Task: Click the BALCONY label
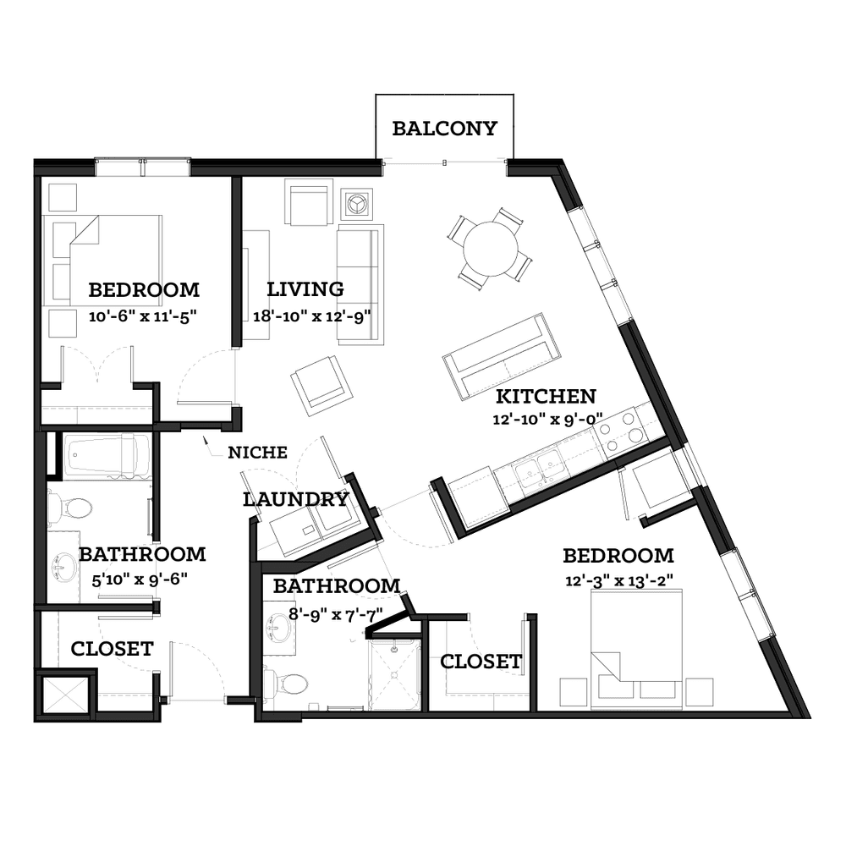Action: point(444,129)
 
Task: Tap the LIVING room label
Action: point(305,289)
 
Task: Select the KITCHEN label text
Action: point(546,396)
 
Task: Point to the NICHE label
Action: point(257,452)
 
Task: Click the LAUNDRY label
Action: point(295,499)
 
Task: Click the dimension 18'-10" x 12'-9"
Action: point(312,316)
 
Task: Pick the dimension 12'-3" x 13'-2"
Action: point(619,580)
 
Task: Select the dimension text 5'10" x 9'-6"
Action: point(140,580)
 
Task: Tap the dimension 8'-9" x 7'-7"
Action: point(336,614)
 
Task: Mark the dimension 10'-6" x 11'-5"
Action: point(142,316)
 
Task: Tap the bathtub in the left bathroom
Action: point(107,457)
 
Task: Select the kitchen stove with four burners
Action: point(620,431)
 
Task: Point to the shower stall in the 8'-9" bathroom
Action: point(394,674)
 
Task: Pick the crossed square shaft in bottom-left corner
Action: point(65,695)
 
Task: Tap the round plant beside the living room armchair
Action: point(355,205)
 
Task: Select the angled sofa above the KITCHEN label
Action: point(503,357)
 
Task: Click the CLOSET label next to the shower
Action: point(481,662)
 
